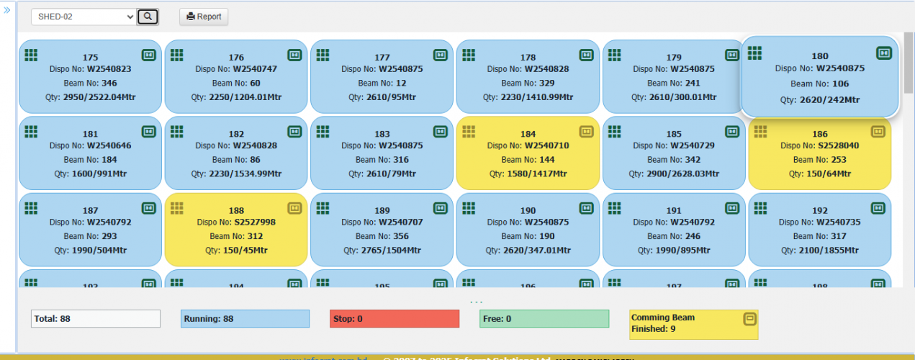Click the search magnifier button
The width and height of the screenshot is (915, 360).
(148, 17)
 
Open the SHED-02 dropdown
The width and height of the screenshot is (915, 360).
(84, 17)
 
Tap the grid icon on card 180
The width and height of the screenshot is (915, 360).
(754, 53)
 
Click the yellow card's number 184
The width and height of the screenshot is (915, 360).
(528, 134)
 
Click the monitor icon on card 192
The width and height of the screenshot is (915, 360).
(878, 208)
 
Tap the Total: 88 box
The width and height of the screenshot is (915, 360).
(96, 319)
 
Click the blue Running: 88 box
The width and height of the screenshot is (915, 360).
(245, 319)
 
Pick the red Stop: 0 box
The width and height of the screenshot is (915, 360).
(395, 319)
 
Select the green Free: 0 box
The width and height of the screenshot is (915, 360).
(544, 319)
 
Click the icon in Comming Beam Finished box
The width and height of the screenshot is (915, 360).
(749, 318)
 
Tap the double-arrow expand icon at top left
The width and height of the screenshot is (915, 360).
(7, 10)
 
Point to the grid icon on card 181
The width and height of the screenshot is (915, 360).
(30, 131)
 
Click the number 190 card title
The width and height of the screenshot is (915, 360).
(528, 211)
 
